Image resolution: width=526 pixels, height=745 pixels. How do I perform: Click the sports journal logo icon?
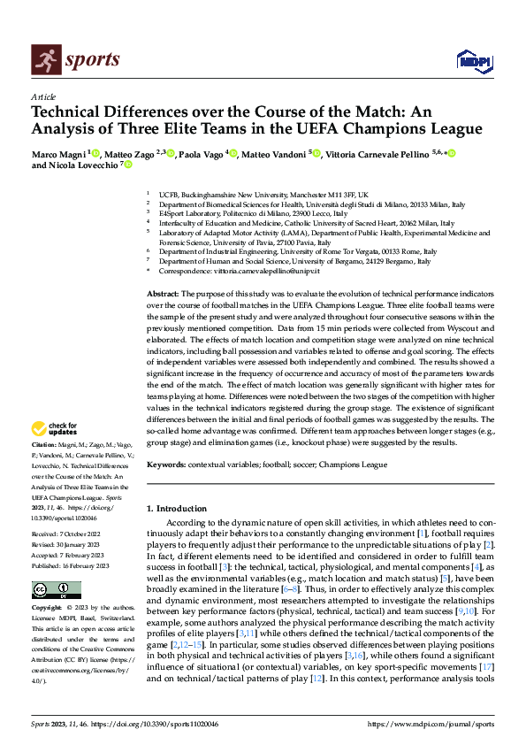click(45, 59)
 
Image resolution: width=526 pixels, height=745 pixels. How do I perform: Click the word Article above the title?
click(43, 96)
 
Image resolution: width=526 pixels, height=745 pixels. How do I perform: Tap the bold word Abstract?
click(162, 293)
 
